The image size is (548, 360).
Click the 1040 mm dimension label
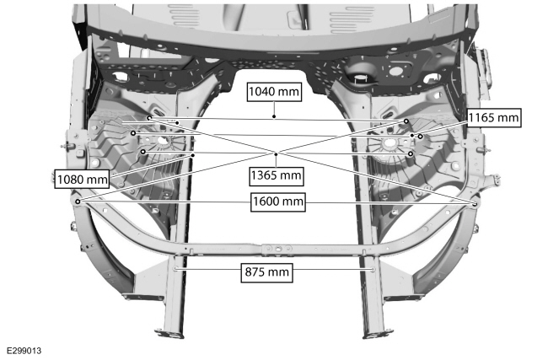coord(274,92)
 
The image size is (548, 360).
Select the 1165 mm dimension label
coord(493,118)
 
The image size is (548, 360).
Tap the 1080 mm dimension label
coord(82,180)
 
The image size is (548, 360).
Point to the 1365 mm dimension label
coord(276,175)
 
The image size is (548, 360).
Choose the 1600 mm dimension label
coord(278,201)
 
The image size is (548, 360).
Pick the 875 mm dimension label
coord(267,272)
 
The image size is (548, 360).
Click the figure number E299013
coord(24,351)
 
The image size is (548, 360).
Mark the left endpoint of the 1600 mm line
coord(78,201)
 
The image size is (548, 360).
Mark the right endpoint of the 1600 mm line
coord(475,204)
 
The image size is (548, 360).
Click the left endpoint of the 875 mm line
coord(175,268)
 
